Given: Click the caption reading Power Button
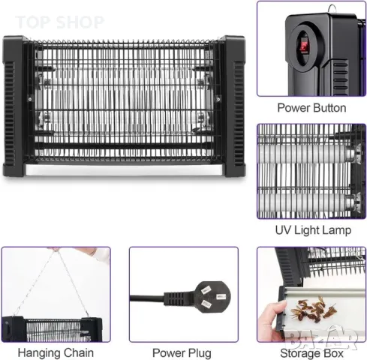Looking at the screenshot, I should (311, 108).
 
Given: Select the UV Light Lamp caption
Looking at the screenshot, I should (311, 230).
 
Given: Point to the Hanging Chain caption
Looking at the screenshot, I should (56, 352).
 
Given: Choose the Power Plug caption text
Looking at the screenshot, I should (182, 352).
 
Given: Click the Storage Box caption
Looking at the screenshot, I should (311, 352).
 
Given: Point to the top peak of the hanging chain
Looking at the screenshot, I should (56, 252).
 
